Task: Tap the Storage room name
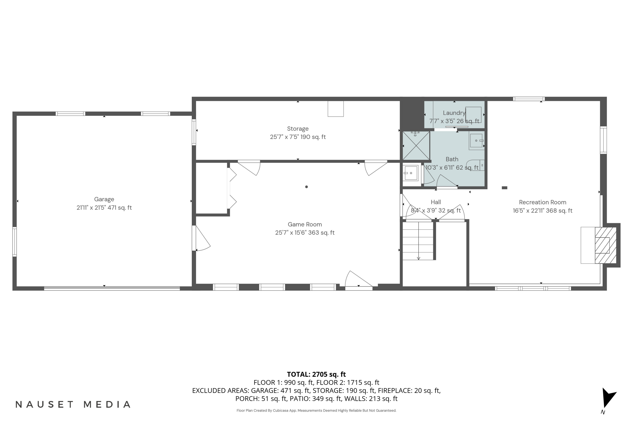298,129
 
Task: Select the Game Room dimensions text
305,233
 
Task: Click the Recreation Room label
542,202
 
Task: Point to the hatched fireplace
605,245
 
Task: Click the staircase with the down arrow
418,241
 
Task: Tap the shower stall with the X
416,146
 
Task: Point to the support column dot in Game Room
306,187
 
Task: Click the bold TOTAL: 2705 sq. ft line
316,374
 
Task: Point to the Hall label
436,202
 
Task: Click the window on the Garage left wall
15,242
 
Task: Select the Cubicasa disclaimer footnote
316,410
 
